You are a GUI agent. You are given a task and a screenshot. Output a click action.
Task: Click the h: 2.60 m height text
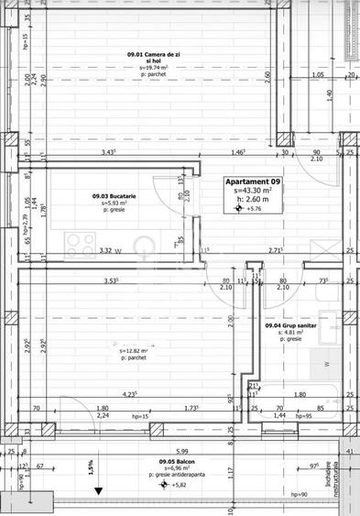tap(254, 199)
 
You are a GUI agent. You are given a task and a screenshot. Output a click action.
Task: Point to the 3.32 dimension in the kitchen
tap(105, 250)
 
